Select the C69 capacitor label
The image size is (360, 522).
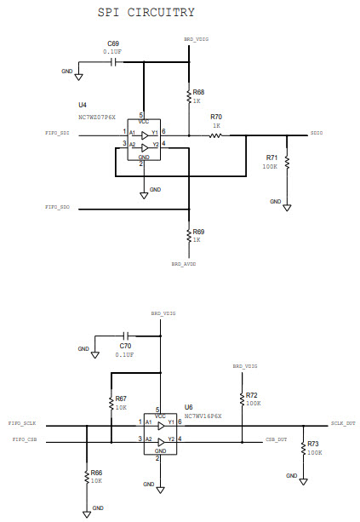pos(112,43)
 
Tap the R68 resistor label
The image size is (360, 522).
pos(198,91)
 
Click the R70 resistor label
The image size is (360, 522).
pos(215,117)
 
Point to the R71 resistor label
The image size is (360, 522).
pos(271,158)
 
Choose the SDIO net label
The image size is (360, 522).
pos(317,134)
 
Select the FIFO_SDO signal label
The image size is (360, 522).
pos(57,207)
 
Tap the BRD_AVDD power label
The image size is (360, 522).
pos(184,264)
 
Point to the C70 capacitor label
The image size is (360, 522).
pos(124,346)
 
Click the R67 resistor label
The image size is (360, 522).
pos(121,399)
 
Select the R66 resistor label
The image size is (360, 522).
pos(96,472)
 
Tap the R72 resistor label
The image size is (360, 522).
pos(251,395)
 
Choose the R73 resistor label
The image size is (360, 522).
pos(313,444)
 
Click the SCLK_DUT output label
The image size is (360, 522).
pos(342,423)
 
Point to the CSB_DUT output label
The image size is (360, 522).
pos(275,440)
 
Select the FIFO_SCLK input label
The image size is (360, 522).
pos(21,423)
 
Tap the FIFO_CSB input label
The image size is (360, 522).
pos(25,439)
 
